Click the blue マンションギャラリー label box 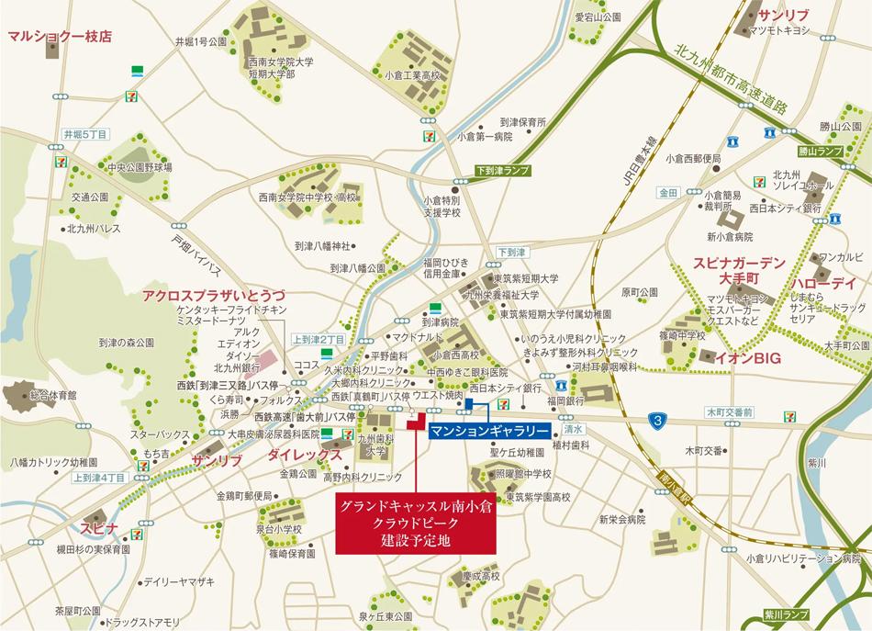tap(490, 431)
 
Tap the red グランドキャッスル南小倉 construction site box tap(416, 524)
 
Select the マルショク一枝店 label tap(59, 37)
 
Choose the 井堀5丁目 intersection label tap(85, 135)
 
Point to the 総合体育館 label tap(53, 394)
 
